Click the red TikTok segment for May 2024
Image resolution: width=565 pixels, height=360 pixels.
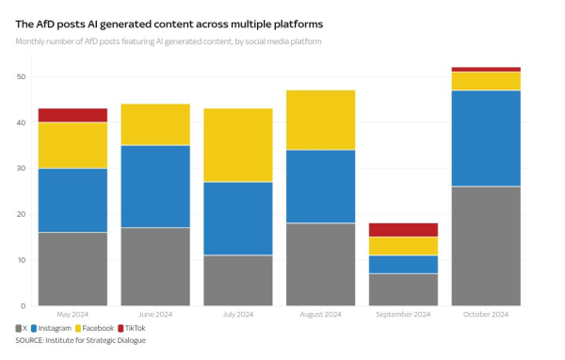coord(73,115)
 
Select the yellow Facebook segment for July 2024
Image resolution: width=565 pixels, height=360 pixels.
coord(238,145)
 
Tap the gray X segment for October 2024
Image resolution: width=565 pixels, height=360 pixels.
coord(487,246)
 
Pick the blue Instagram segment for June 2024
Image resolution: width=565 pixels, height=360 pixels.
coord(155,186)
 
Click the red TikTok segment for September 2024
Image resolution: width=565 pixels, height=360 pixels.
coord(404,230)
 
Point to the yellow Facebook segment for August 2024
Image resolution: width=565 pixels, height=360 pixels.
coord(321,120)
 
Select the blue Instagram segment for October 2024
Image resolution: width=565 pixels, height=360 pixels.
coord(487,139)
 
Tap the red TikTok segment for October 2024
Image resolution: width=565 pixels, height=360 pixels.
coord(487,69)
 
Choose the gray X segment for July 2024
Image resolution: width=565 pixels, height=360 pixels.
coord(238,280)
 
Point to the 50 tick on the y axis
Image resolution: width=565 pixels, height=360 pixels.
coord(21,76)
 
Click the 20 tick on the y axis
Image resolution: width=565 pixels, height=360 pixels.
coord(21,214)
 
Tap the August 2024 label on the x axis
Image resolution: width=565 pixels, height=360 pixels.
coord(321,315)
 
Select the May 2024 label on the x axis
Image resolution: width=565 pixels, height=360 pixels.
coord(73,315)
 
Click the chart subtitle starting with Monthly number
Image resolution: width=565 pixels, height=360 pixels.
coord(169,42)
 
